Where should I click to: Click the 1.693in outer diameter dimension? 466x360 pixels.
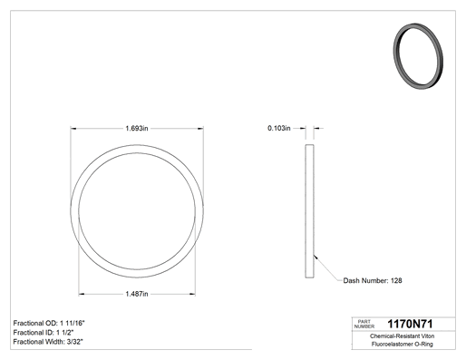click(137, 129)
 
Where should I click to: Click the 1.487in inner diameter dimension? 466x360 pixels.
click(137, 294)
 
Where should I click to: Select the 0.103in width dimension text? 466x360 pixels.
click(279, 128)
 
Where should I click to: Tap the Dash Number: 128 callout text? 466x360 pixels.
click(373, 280)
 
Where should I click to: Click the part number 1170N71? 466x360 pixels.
click(410, 324)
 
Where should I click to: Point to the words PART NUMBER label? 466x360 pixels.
click(364, 324)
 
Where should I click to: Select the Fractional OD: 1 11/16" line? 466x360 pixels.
click(49, 323)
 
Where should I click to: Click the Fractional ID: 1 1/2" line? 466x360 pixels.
click(44, 333)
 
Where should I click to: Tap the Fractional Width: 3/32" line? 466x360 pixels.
click(48, 342)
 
